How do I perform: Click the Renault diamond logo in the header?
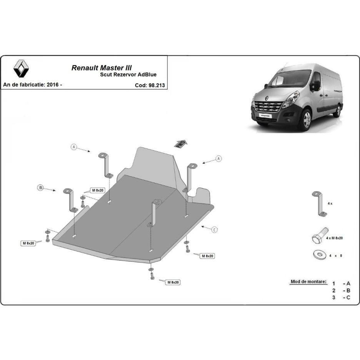pyautogui.click(x=21, y=68)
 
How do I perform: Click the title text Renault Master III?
pyautogui.click(x=102, y=68)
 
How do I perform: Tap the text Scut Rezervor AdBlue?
pyautogui.click(x=128, y=74)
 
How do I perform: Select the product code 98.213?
pyautogui.click(x=157, y=85)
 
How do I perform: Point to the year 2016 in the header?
pyautogui.click(x=53, y=85)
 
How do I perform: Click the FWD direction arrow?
pyautogui.click(x=181, y=144)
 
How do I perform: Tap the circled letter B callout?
pyautogui.click(x=40, y=188)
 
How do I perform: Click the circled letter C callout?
pyautogui.click(x=215, y=230)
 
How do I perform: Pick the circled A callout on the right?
pyautogui.click(x=218, y=158)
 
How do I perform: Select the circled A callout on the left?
pyautogui.click(x=74, y=147)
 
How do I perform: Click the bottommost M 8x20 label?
pyautogui.click(x=173, y=282)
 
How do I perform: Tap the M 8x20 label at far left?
pyautogui.click(x=28, y=243)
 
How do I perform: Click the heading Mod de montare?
pyautogui.click(x=308, y=282)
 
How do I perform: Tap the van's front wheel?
pyautogui.click(x=307, y=120)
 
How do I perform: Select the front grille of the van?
pyautogui.click(x=268, y=107)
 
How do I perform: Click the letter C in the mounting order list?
pyautogui.click(x=348, y=298)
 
